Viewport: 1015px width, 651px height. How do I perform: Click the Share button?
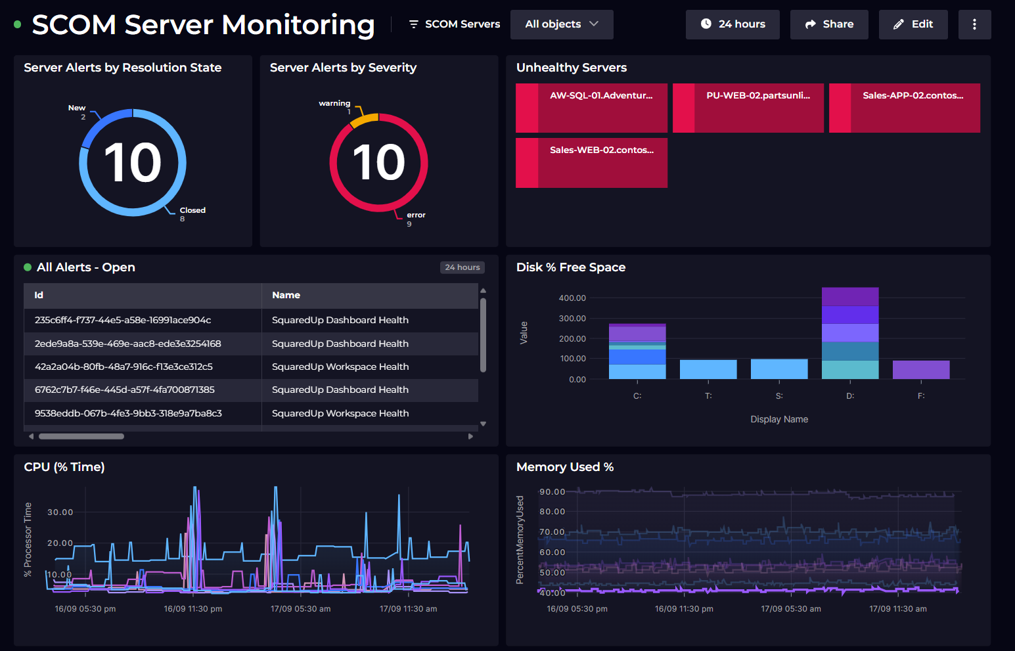point(828,24)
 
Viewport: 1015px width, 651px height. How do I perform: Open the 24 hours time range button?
point(732,24)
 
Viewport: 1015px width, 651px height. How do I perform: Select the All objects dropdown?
point(561,24)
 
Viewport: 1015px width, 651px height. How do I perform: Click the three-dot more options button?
point(974,24)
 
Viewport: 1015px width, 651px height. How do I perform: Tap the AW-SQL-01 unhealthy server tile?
point(591,108)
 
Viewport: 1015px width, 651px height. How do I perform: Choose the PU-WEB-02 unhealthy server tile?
point(748,108)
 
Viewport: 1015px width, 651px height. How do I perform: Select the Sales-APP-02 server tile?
point(904,108)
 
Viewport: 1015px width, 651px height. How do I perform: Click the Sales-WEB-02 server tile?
point(591,162)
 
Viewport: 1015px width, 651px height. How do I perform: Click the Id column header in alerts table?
point(39,296)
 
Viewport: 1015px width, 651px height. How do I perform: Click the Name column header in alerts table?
point(286,296)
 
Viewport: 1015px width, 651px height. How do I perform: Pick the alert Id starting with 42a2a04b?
point(124,367)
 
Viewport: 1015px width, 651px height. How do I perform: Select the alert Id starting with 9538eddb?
point(128,413)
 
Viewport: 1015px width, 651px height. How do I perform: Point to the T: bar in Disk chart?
point(708,369)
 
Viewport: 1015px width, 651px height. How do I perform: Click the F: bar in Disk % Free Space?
point(920,370)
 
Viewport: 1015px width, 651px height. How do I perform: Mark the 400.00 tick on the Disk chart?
point(572,298)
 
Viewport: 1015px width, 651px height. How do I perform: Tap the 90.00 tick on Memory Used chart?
point(552,492)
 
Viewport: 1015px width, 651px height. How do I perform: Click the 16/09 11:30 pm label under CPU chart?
point(192,609)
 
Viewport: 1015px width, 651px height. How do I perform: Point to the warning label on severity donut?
point(334,103)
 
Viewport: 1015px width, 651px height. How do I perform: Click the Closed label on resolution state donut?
point(192,210)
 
